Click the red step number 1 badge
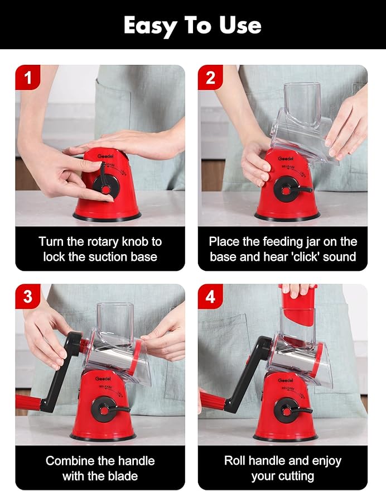coord(28,77)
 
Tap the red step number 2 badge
coord(210,77)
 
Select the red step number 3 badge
coord(28,296)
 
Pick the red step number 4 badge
coord(210,296)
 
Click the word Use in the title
coord(240,25)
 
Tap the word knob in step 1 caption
coord(135,242)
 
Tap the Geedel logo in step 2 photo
coord(285,159)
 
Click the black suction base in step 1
coord(107,216)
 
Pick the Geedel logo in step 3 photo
coord(103,379)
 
